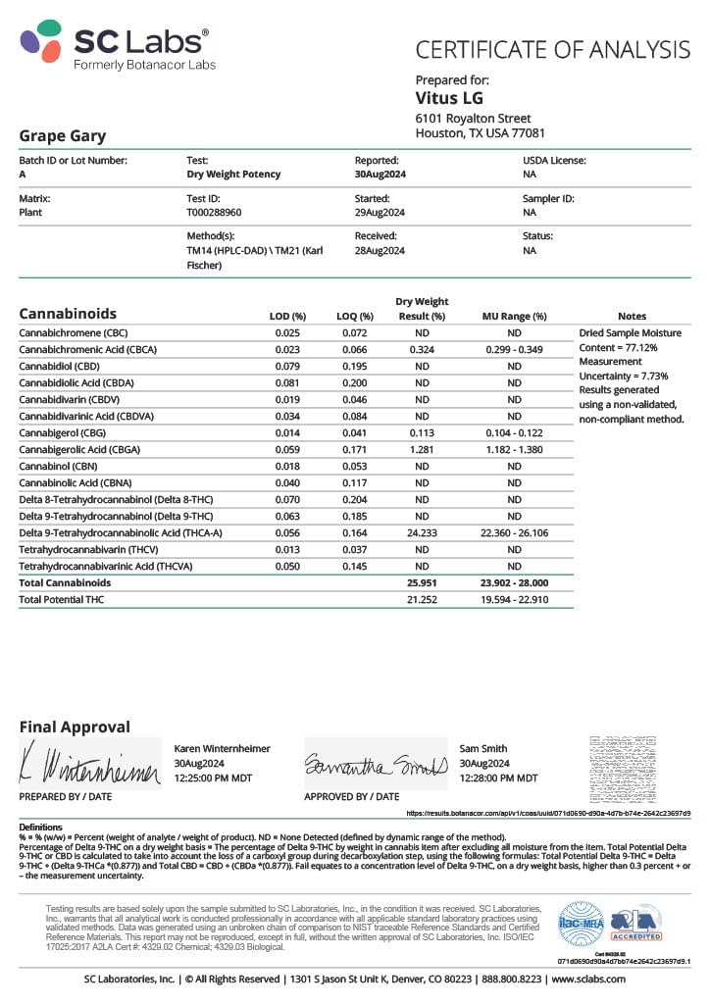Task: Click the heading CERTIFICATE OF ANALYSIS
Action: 553,49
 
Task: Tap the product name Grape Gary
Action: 63,136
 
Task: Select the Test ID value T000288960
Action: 215,212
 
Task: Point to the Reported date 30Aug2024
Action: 380,174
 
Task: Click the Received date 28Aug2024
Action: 380,250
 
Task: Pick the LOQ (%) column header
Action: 356,316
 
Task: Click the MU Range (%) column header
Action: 514,316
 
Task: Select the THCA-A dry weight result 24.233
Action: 422,532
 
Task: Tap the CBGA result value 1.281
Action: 422,449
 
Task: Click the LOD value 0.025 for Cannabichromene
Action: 287,332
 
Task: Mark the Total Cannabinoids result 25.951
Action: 422,582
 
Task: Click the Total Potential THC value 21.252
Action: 422,599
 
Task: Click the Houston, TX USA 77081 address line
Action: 481,133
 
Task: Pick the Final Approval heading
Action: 75,727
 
